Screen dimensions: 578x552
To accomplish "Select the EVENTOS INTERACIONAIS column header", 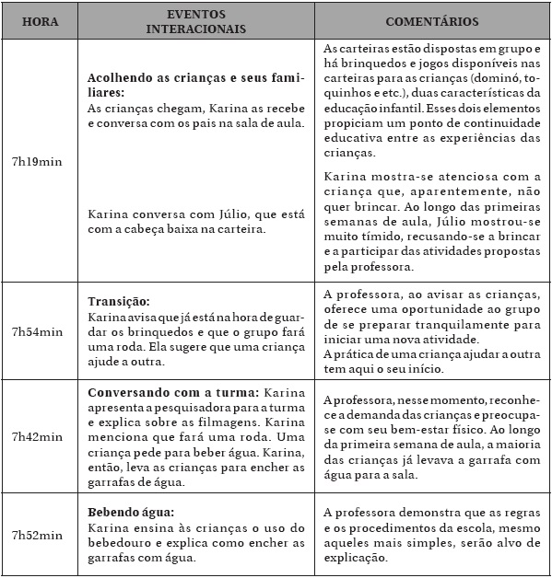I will tap(194, 21).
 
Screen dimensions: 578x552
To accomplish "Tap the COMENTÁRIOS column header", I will tap(431, 21).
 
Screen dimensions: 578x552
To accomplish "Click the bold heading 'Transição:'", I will tap(118, 301).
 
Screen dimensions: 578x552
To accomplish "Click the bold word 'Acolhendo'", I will tap(123, 80).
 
